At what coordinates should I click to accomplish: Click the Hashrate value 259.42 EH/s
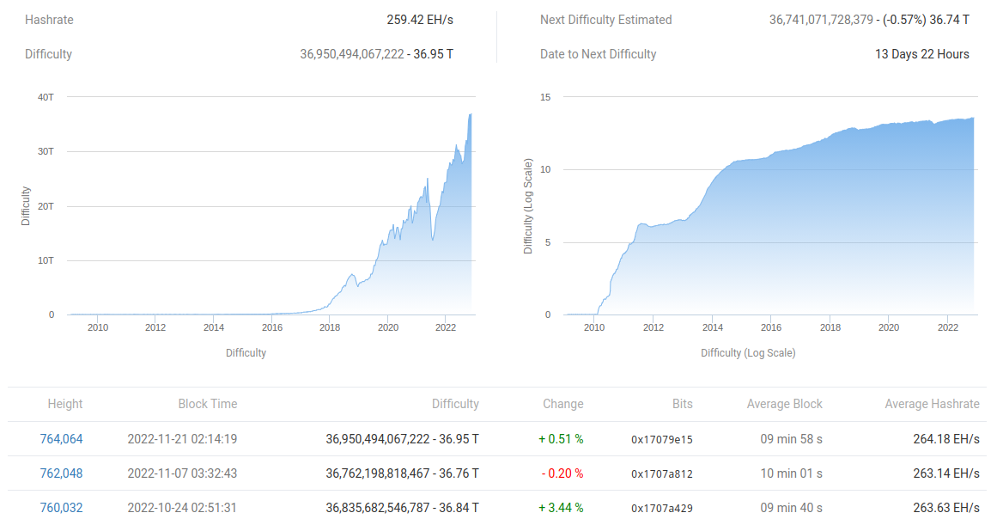click(x=420, y=20)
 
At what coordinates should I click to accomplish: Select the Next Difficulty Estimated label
click(x=605, y=20)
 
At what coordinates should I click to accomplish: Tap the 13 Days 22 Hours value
click(x=921, y=54)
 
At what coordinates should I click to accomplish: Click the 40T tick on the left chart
click(x=46, y=97)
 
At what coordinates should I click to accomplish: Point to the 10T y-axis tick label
click(x=46, y=260)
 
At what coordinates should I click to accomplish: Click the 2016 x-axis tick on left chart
click(x=271, y=327)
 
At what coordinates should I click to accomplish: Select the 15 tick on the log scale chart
click(x=545, y=97)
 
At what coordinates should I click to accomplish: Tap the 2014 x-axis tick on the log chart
click(x=712, y=327)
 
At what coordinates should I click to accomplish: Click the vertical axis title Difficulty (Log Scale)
click(x=528, y=206)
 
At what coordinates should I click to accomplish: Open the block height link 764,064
click(x=61, y=439)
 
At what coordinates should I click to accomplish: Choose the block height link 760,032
click(x=61, y=508)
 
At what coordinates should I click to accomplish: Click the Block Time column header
click(x=207, y=404)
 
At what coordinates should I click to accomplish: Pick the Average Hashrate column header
click(x=932, y=404)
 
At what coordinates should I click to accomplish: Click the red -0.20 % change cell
click(x=562, y=473)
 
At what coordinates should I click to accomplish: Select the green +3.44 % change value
click(x=561, y=508)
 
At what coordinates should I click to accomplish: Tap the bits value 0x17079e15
click(x=661, y=439)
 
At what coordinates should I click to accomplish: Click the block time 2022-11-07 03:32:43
click(x=182, y=473)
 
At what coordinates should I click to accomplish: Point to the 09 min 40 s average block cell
click(x=791, y=508)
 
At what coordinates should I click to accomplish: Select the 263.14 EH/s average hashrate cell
click(x=945, y=473)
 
